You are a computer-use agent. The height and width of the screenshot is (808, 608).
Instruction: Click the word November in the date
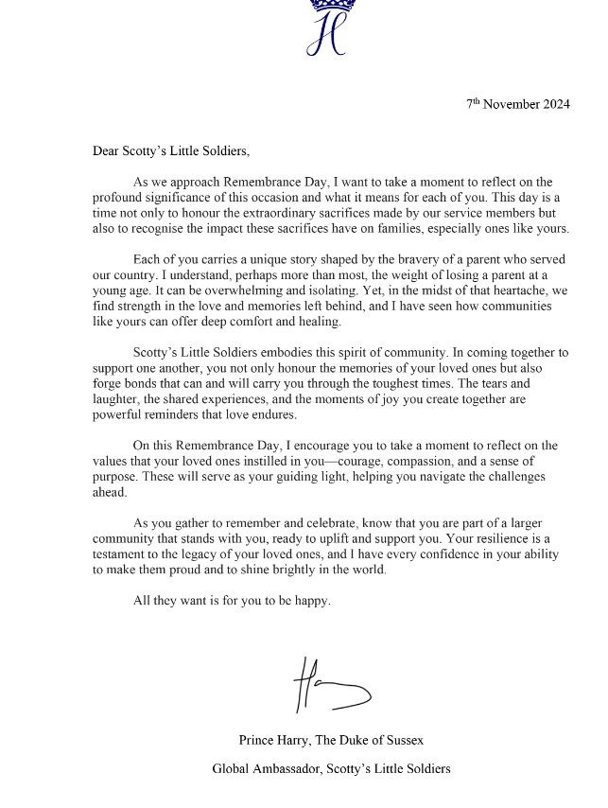point(509,104)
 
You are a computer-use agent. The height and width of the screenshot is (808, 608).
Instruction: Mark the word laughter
point(116,400)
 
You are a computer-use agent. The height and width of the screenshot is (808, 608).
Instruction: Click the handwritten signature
point(331,684)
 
